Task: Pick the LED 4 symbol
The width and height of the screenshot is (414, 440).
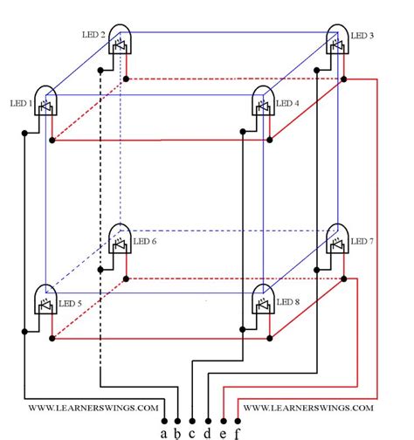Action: [263, 102]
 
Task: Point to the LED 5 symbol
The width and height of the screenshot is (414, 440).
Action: [45, 301]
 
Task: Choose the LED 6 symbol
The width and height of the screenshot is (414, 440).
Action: [120, 240]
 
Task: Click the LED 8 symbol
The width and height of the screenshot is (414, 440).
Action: [263, 301]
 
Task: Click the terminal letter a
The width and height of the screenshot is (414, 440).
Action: [163, 431]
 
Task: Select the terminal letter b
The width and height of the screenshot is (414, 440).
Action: [177, 431]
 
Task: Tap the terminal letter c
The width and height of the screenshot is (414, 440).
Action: [192, 431]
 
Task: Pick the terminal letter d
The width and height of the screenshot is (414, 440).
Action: [207, 431]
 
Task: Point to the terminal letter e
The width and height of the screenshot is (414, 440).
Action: [223, 431]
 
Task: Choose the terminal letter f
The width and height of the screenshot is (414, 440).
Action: [237, 431]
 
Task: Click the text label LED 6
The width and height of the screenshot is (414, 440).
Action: [145, 241]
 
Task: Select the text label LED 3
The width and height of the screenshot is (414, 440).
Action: [362, 36]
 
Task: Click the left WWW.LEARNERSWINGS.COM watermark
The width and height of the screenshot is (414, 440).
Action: [93, 408]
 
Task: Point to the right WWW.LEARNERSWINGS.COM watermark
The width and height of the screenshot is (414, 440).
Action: [308, 408]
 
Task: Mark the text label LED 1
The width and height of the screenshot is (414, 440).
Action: [20, 103]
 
